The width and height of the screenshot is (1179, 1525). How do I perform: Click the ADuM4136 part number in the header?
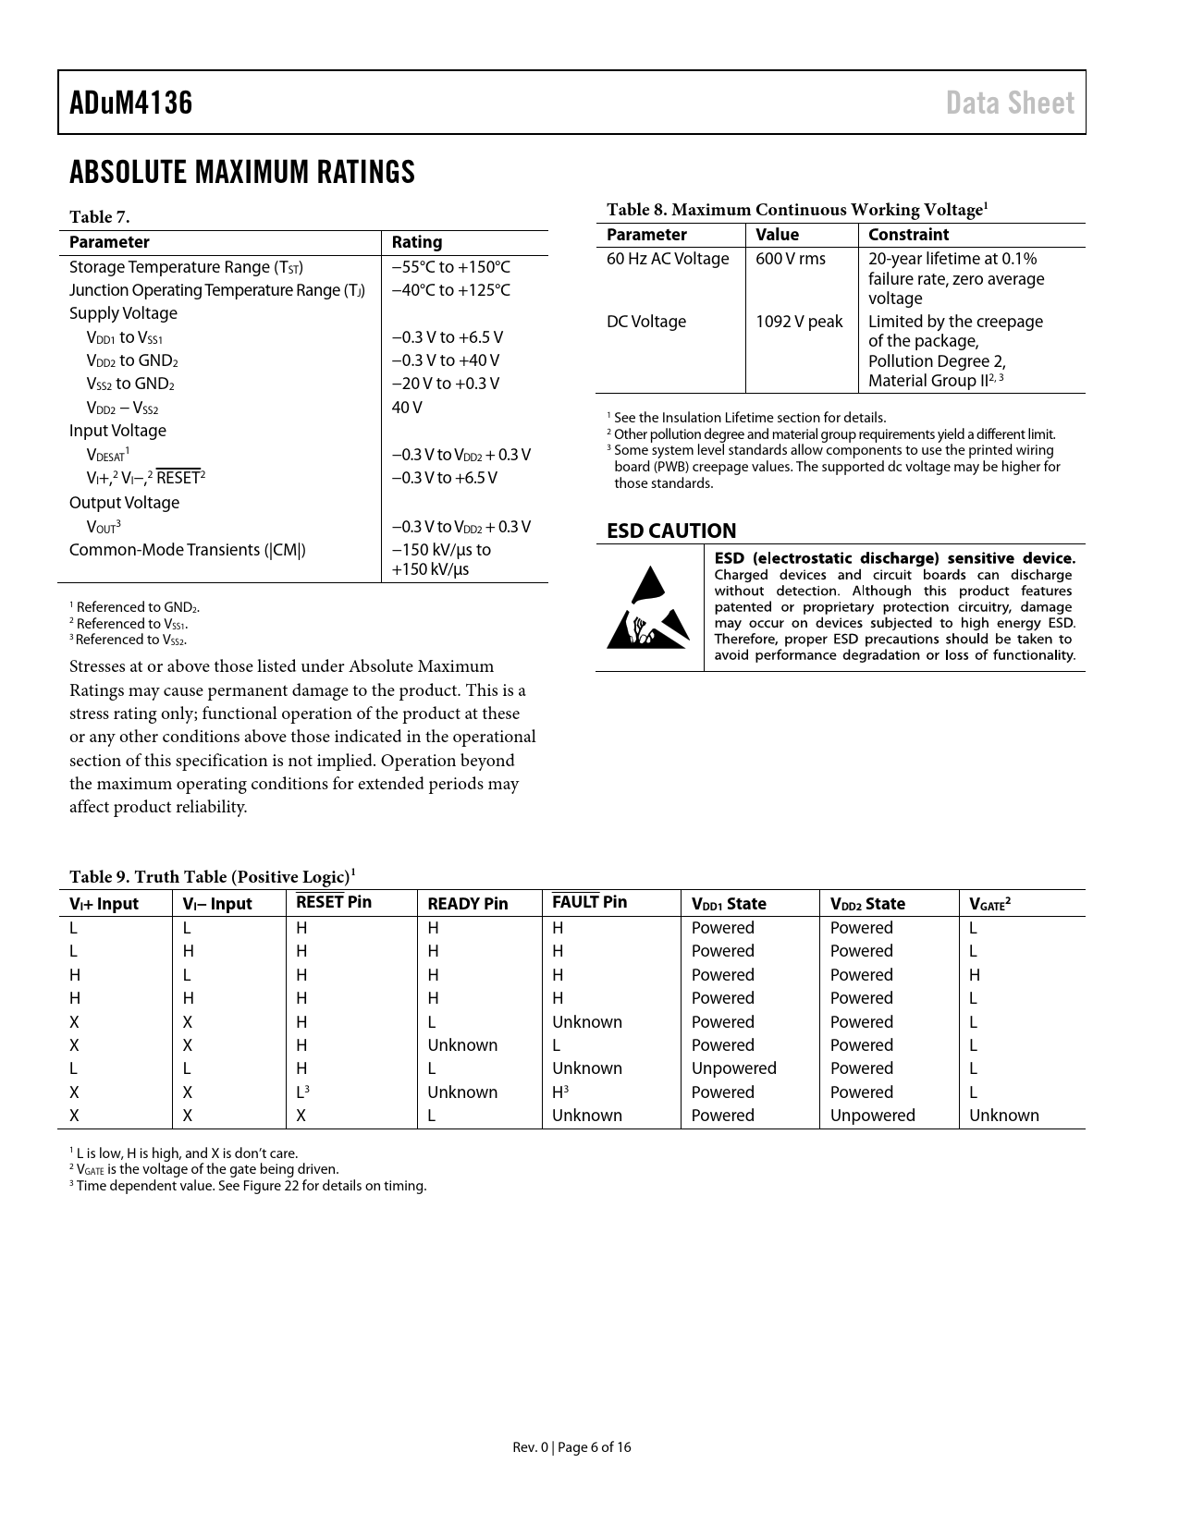pyautogui.click(x=131, y=103)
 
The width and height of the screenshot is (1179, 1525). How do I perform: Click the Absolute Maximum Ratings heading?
pyautogui.click(x=242, y=173)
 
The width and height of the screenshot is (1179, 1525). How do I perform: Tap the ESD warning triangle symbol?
pyautogui.click(x=649, y=608)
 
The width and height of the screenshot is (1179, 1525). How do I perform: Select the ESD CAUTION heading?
pyautogui.click(x=671, y=531)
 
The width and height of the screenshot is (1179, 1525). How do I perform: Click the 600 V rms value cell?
pyautogui.click(x=791, y=259)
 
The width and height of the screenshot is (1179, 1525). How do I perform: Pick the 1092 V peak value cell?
pyautogui.click(x=799, y=322)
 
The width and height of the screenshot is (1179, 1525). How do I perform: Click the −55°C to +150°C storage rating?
pyautogui.click(x=450, y=267)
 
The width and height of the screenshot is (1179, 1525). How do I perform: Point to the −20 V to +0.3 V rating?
pyautogui.click(x=445, y=384)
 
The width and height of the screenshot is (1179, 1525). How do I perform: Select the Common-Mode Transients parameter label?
pyautogui.click(x=188, y=550)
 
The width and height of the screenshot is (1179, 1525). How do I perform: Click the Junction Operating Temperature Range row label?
pyautogui.click(x=217, y=290)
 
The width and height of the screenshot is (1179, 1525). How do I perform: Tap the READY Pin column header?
pyautogui.click(x=468, y=904)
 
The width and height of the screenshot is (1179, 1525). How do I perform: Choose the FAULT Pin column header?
pyautogui.click(x=589, y=902)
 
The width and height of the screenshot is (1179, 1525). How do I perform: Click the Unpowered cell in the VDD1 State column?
pyautogui.click(x=734, y=1068)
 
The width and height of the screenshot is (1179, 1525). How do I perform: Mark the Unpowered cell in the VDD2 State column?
pyautogui.click(x=872, y=1116)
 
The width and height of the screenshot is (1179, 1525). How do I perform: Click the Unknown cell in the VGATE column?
pyautogui.click(x=1003, y=1116)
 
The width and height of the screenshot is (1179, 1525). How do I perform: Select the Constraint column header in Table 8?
pyautogui.click(x=908, y=235)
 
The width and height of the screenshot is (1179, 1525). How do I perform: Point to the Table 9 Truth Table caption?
pyautogui.click(x=213, y=876)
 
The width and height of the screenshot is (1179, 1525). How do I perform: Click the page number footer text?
pyautogui.click(x=572, y=1447)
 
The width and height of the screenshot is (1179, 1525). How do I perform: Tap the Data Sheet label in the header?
pyautogui.click(x=1010, y=103)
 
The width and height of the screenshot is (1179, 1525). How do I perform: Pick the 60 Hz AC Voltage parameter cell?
pyautogui.click(x=668, y=259)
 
